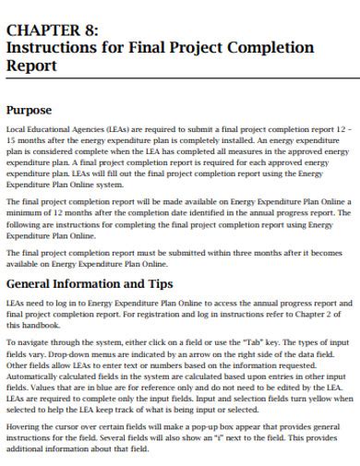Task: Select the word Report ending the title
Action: click(x=32, y=66)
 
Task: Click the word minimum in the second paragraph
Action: click(x=30, y=211)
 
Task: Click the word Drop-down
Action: click(x=76, y=352)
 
